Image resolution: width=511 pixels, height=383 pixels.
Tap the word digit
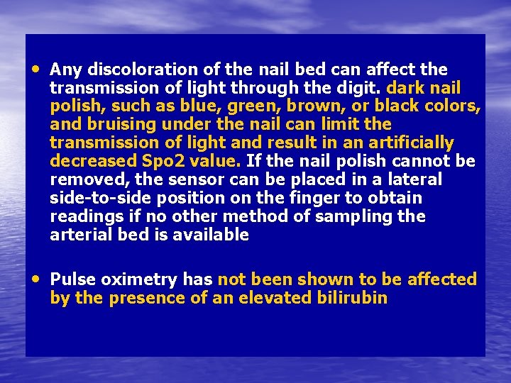point(361,88)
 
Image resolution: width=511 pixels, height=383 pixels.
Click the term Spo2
point(159,161)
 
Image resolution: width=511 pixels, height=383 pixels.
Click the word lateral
point(413,179)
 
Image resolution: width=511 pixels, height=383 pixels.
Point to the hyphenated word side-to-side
point(98,198)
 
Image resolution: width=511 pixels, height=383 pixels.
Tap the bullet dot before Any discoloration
point(36,69)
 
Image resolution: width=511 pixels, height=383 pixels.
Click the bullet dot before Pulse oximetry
point(36,279)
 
